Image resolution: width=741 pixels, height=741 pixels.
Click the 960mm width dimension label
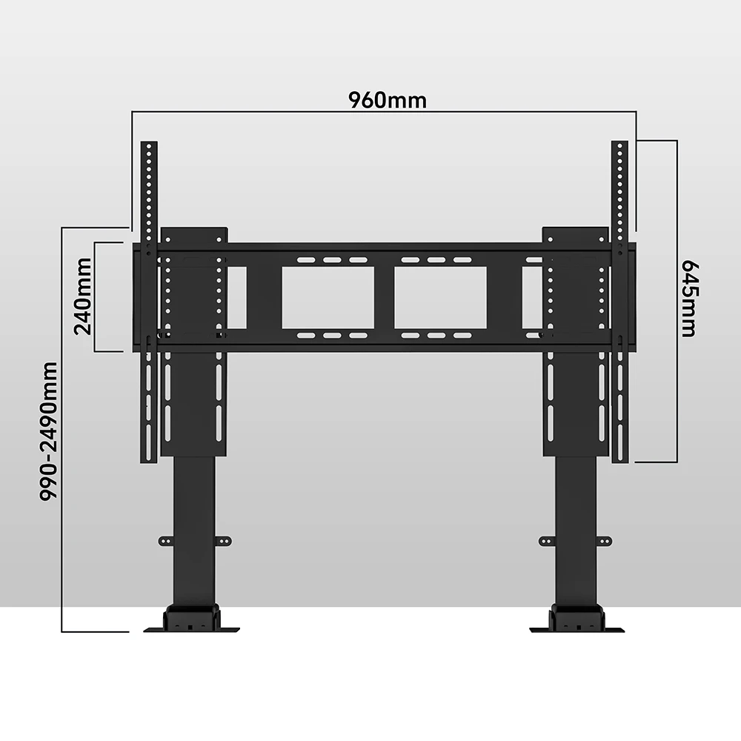pos(388,100)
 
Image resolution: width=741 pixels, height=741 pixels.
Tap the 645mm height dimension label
pos(690,298)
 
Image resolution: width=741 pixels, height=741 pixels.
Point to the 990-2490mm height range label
pos(50,431)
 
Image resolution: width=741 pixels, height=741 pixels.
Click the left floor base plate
pos(192,629)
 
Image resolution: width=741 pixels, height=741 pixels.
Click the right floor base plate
pos(576,629)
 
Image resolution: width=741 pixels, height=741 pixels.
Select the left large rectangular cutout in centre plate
pos(328,297)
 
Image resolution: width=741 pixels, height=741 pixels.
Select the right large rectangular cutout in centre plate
pos(440,297)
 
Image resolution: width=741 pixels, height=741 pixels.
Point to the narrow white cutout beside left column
pos(237,297)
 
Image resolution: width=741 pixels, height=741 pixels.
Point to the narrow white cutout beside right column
pos(532,297)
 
